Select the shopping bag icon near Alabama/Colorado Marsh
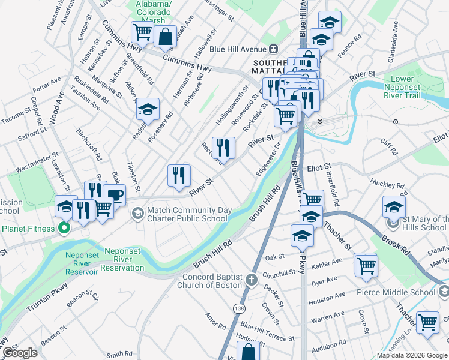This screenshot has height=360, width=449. click(165, 35)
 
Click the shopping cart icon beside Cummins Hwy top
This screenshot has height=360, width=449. click(142, 31)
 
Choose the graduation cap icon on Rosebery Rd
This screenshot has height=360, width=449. click(147, 109)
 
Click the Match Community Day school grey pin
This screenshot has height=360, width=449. click(138, 213)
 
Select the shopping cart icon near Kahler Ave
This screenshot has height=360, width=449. click(366, 264)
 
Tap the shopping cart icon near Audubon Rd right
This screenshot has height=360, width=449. click(427, 322)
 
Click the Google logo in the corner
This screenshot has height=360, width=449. click(19, 353)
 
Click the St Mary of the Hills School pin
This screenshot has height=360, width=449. click(394, 223)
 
